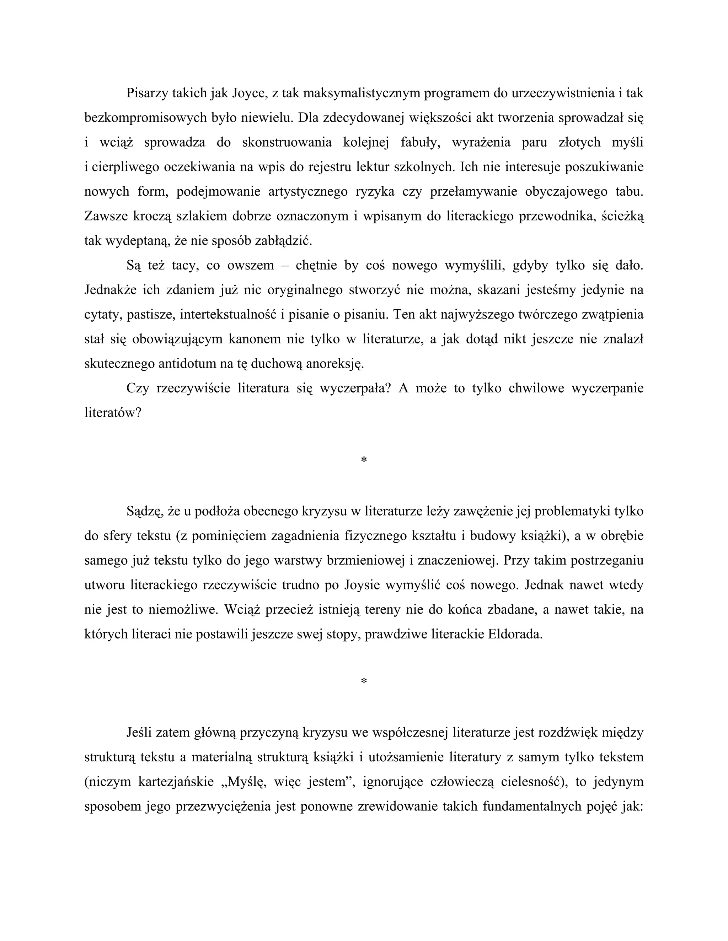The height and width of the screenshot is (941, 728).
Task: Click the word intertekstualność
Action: tap(228, 315)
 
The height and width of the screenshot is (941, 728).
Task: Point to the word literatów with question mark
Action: tap(113, 413)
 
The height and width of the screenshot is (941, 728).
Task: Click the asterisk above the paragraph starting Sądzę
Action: tap(364, 461)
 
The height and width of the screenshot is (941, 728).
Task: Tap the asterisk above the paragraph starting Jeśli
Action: tap(364, 682)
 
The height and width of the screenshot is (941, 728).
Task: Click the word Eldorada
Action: tap(514, 634)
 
